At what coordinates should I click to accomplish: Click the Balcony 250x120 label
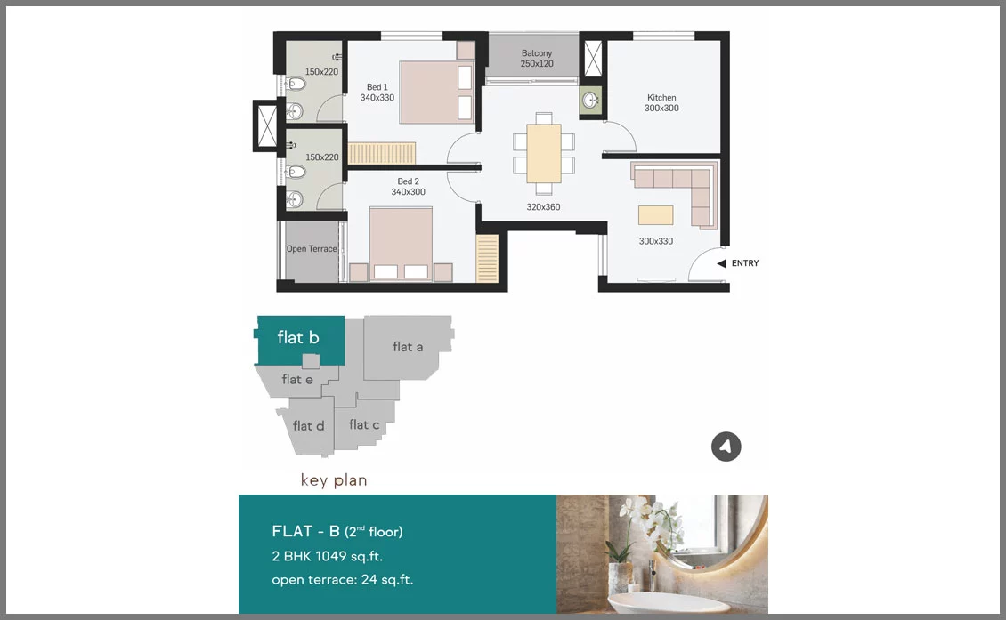[537, 59]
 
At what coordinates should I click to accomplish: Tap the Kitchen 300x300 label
[661, 102]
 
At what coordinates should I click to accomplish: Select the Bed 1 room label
[377, 93]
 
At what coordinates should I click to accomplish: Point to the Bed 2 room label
[408, 187]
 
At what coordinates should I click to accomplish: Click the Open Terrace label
[312, 249]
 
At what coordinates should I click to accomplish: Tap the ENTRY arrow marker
[722, 263]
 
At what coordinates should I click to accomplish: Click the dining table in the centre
[544, 153]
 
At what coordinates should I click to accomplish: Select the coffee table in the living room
[656, 214]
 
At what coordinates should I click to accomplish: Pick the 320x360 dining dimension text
[543, 207]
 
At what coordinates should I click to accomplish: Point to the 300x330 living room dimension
[656, 241]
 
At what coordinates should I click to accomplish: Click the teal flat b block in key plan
[300, 341]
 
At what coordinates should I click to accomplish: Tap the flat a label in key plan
[408, 347]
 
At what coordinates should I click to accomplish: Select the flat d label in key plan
[309, 426]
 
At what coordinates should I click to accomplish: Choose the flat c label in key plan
[364, 424]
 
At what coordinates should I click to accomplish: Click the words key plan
[334, 480]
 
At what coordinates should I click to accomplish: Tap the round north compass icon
[726, 447]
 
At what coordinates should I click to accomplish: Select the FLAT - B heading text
[306, 532]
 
